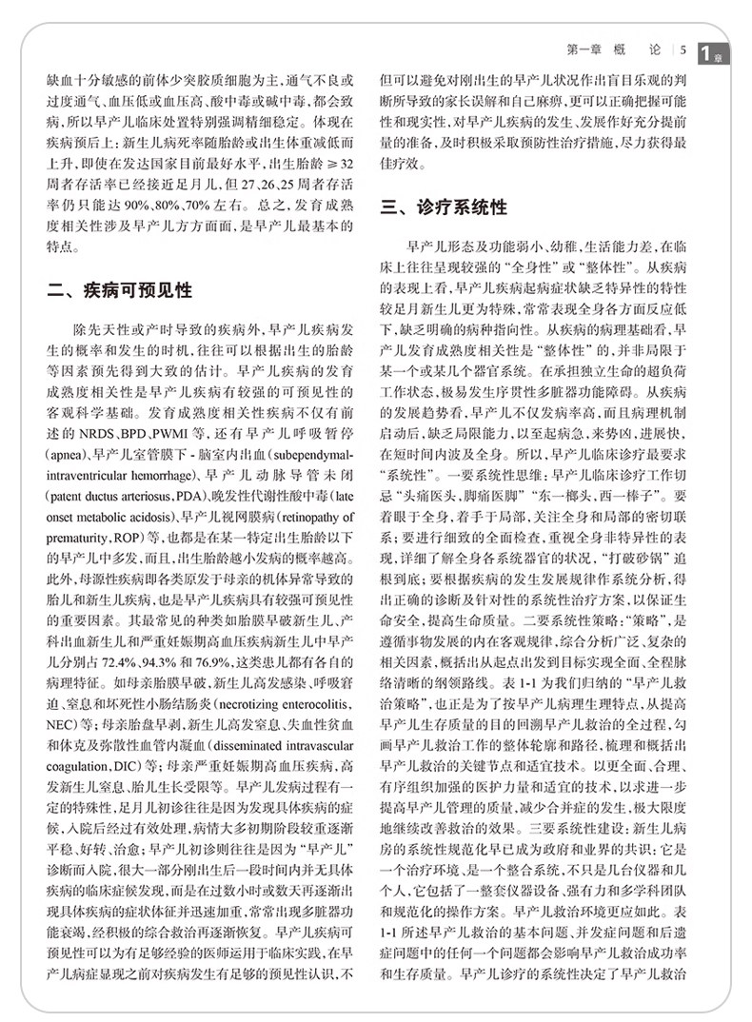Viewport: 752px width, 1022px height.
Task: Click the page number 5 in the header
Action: point(684,49)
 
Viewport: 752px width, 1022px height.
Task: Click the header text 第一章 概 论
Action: point(620,49)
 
